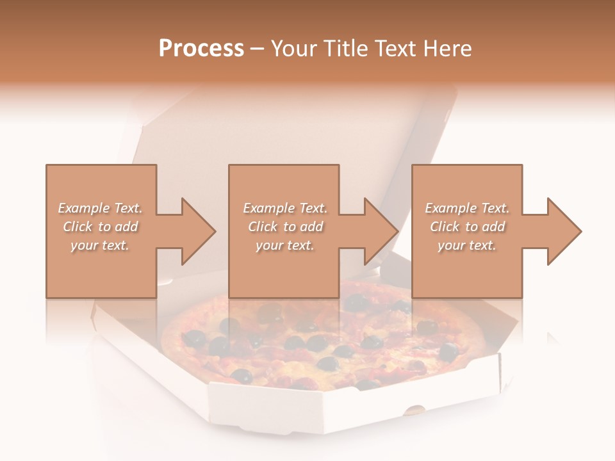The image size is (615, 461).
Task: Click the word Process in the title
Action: (x=201, y=49)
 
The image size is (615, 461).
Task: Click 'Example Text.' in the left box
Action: (x=100, y=208)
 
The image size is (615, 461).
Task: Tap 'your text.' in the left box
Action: (x=100, y=245)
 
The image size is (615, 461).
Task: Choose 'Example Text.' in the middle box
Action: (x=285, y=208)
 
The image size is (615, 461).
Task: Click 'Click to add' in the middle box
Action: (x=285, y=227)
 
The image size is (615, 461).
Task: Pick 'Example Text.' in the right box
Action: (x=467, y=208)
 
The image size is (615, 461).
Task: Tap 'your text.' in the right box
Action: (x=467, y=245)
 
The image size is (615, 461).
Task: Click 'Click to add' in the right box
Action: (x=467, y=227)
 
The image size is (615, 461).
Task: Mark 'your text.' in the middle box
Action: (x=285, y=245)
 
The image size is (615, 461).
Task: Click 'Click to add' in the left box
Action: (x=100, y=227)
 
